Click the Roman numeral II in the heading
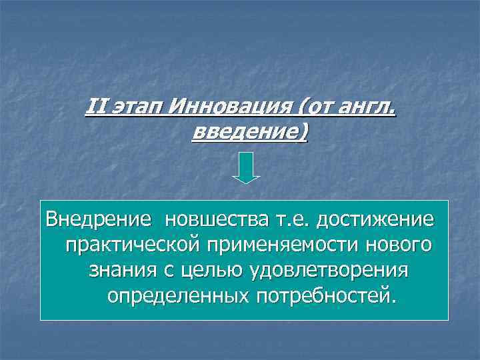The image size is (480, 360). (x=96, y=106)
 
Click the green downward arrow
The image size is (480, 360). (x=245, y=167)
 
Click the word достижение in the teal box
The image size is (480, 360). (x=375, y=219)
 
